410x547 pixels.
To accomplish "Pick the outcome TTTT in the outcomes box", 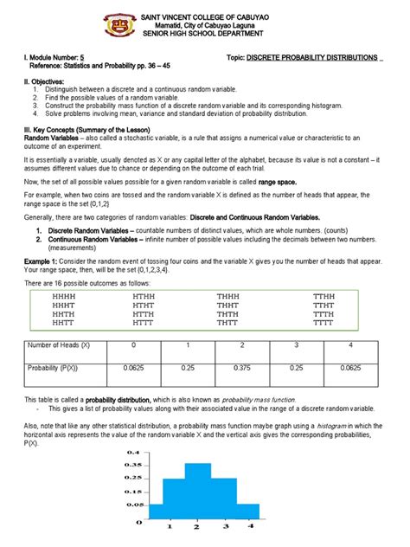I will (x=324, y=325).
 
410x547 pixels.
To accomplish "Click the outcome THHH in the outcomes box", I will (x=228, y=296).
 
